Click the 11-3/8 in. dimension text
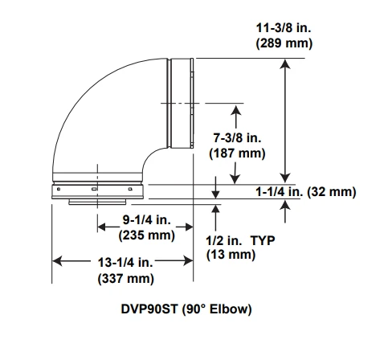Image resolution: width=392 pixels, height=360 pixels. click(x=283, y=27)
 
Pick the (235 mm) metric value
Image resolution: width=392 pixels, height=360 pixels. click(x=146, y=235)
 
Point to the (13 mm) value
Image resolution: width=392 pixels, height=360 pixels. click(x=231, y=255)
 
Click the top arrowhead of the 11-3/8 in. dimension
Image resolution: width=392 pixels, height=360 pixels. click(x=286, y=64)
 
